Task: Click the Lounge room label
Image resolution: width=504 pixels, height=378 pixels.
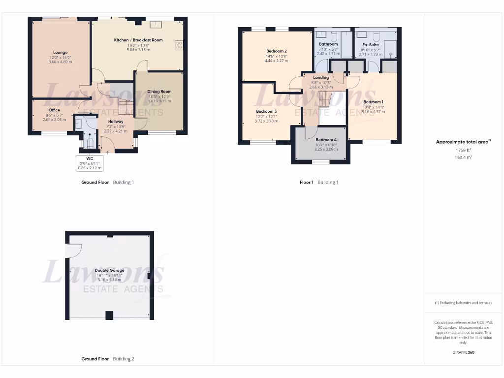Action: [61, 52]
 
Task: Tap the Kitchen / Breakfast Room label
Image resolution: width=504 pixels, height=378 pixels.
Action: [138, 40]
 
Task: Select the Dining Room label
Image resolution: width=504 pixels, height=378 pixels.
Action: [159, 92]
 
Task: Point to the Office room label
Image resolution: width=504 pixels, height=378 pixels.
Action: [54, 110]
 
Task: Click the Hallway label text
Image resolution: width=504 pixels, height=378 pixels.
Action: [116, 122]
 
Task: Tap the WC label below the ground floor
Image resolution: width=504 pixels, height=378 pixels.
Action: [90, 158]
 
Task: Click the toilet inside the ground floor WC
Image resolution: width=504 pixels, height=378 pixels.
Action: [90, 142]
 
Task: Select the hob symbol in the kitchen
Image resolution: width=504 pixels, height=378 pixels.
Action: [179, 45]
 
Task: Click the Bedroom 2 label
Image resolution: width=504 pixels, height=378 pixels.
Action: [276, 51]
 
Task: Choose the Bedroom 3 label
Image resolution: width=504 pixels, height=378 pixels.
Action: [266, 111]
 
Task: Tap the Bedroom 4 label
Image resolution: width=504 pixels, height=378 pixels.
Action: [325, 140]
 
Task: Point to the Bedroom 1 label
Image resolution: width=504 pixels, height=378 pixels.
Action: [373, 102]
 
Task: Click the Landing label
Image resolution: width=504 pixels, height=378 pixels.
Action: [321, 78]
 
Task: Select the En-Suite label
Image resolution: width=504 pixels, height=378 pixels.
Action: [371, 45]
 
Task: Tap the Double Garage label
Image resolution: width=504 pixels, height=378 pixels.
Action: [109, 270]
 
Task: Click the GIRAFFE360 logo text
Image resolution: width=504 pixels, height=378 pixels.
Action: [463, 352]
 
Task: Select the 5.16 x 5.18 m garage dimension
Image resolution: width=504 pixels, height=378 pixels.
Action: [109, 280]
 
